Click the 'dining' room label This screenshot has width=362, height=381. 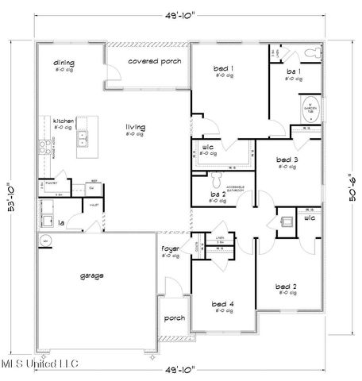pos(64,63)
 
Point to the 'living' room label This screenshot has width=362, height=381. pos(136,125)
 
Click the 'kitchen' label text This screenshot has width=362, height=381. pos(64,121)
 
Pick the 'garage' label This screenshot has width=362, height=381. pos(91,275)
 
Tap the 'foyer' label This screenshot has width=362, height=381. pos(171,248)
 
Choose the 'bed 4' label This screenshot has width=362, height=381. pos(224,303)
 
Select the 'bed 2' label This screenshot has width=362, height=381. pos(287,286)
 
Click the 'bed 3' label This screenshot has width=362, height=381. pos(287,160)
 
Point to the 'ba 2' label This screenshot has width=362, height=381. pos(218,193)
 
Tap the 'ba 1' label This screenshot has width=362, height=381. pos(293,71)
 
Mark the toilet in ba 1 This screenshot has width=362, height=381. pos(314,52)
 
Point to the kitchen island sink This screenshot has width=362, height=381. pos(83,140)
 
